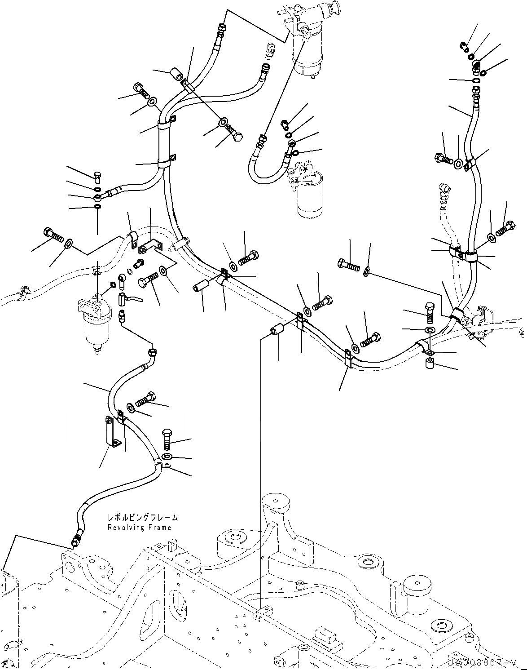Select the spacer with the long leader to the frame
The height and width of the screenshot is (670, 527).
[x=276, y=331]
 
